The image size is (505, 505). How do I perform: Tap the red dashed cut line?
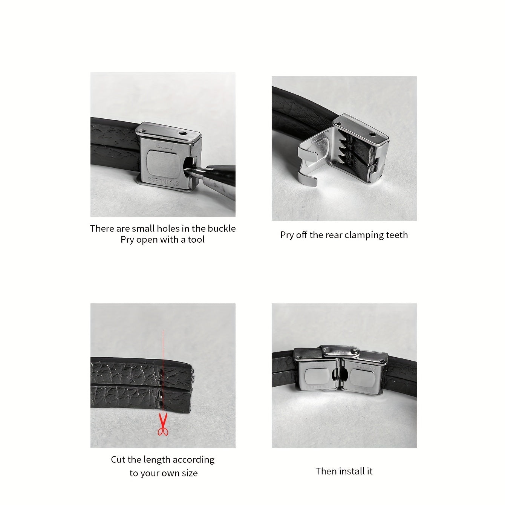point(163,372)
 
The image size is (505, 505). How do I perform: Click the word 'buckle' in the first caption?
point(222,228)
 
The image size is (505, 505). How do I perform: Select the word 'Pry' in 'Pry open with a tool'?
point(127,240)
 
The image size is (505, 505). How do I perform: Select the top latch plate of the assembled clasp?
point(341,352)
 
